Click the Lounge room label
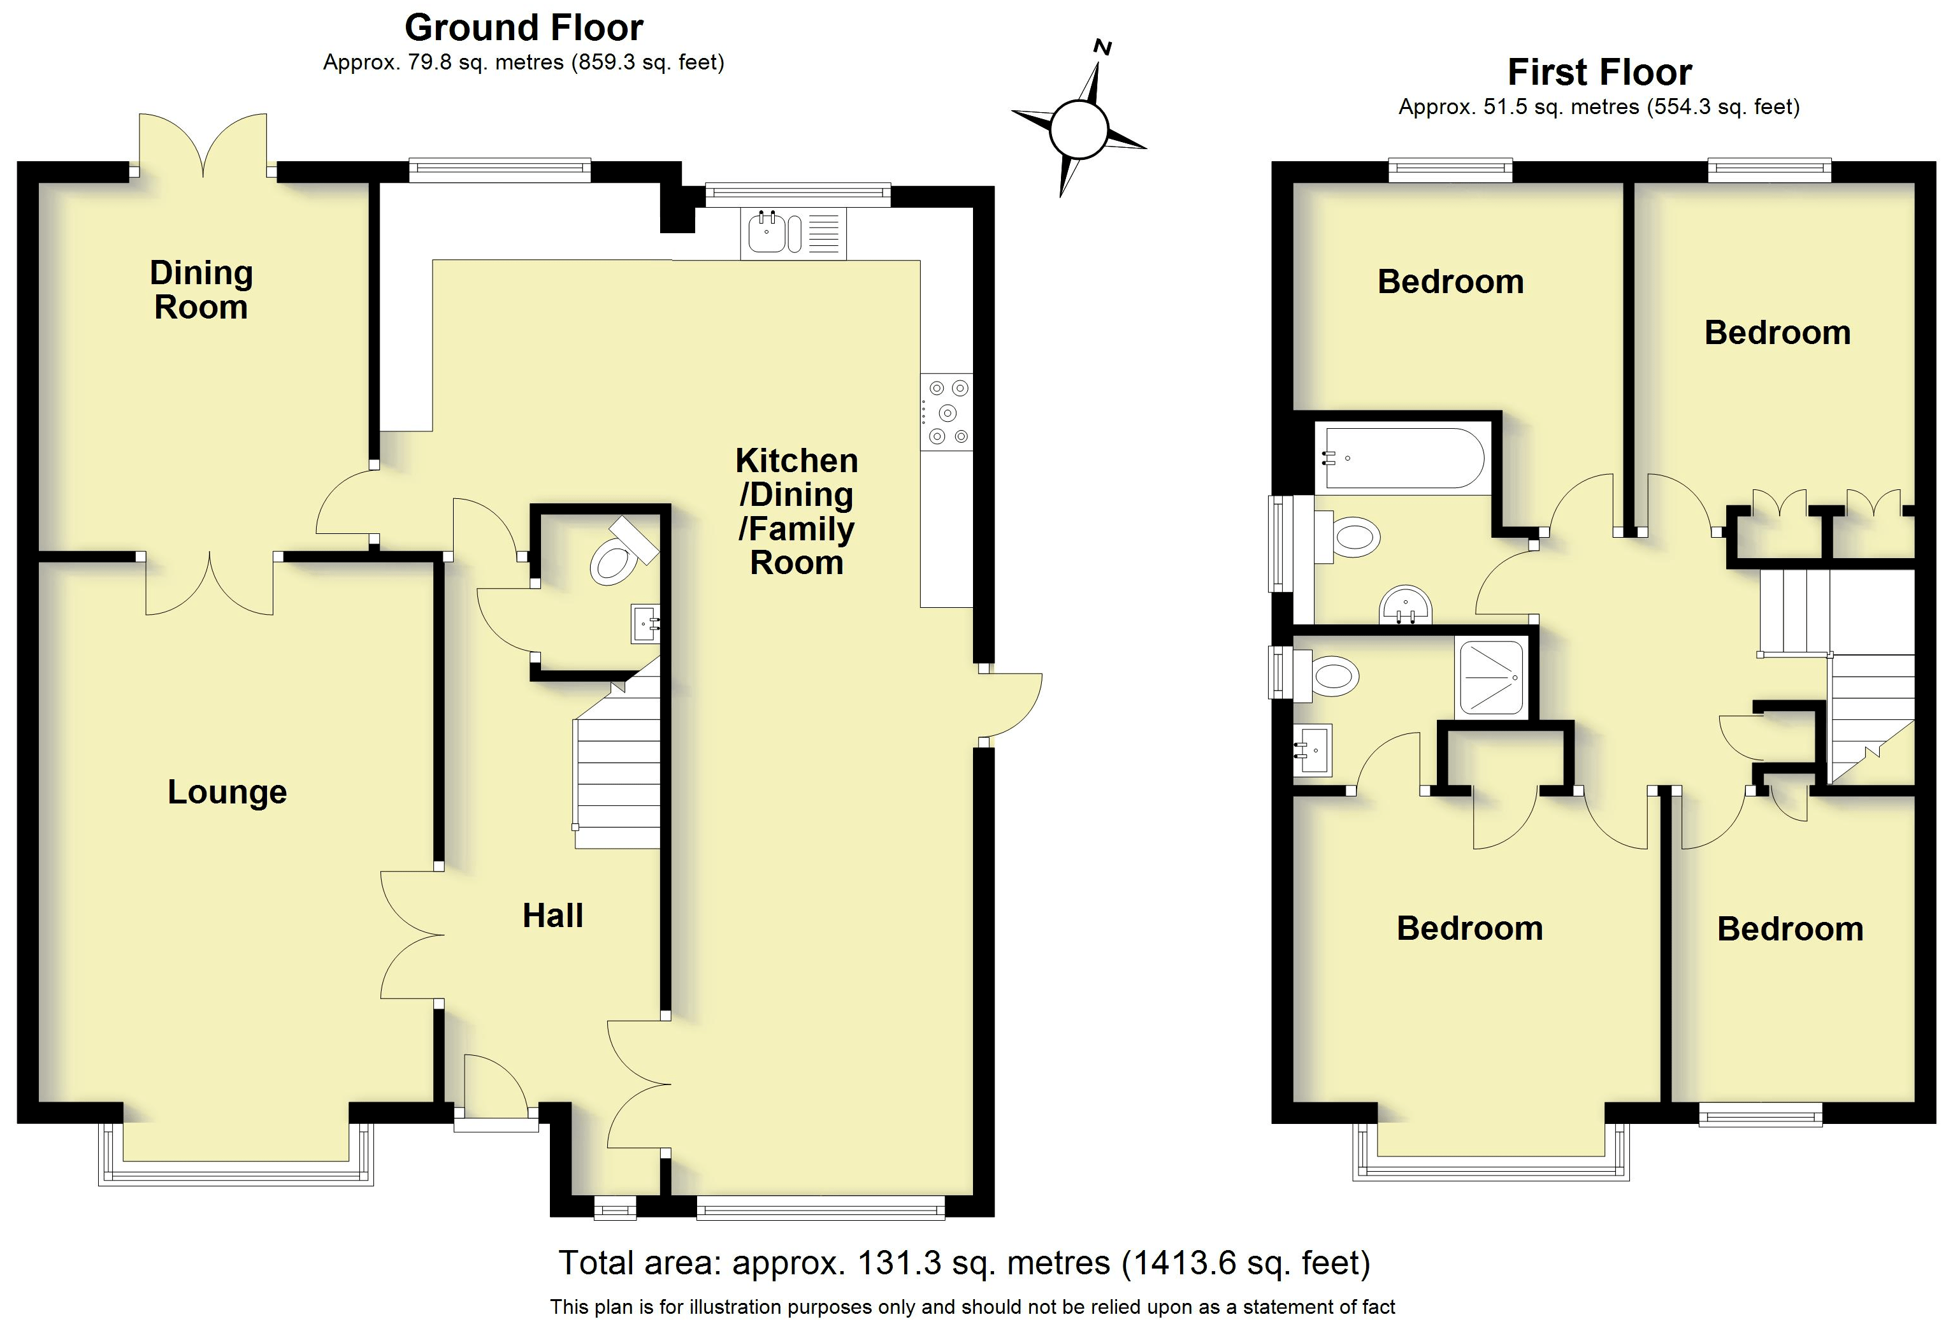click(227, 792)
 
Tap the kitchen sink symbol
click(766, 233)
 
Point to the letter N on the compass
click(1104, 48)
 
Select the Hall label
click(552, 916)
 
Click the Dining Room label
click(201, 290)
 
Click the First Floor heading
click(1599, 73)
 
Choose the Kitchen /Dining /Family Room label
click(796, 511)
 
